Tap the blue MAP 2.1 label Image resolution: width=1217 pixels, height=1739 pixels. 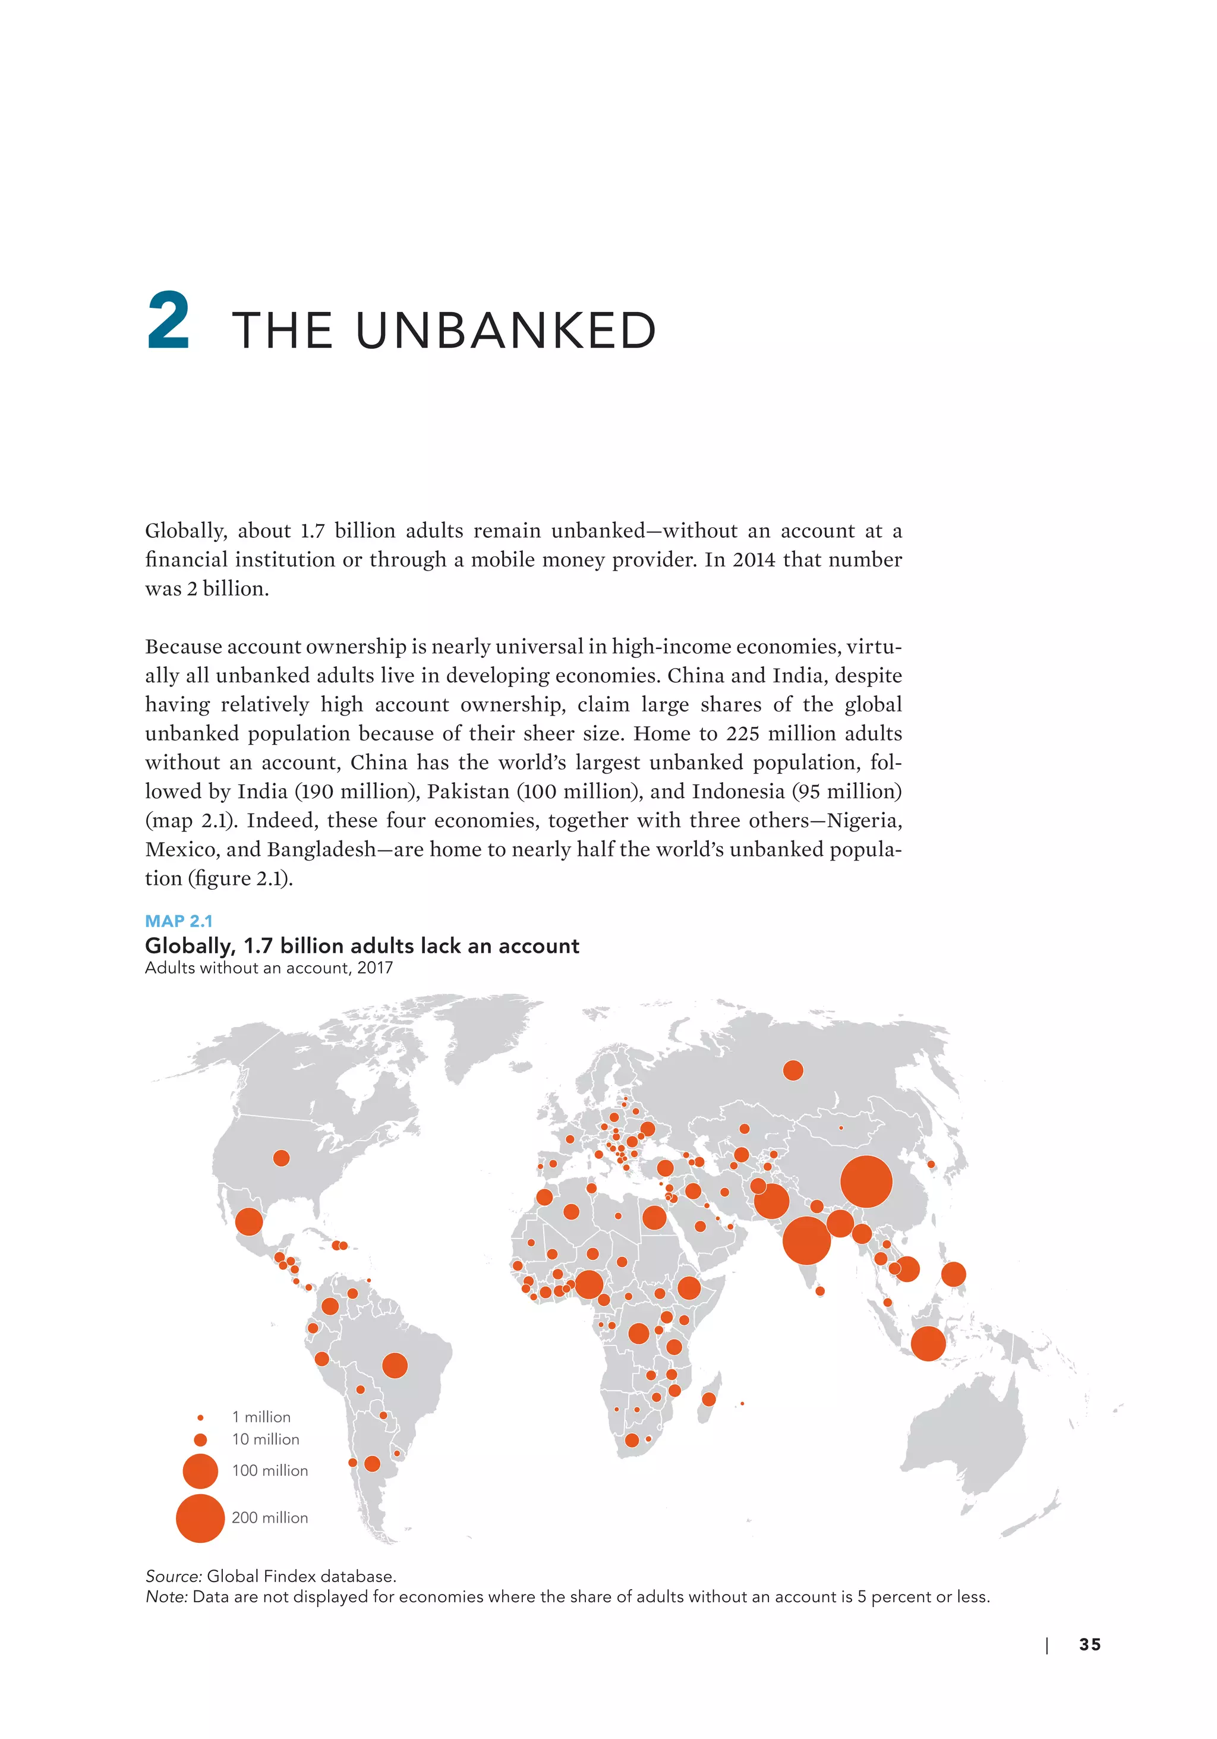pyautogui.click(x=179, y=921)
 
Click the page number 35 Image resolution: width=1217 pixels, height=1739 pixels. pyautogui.click(x=1090, y=1645)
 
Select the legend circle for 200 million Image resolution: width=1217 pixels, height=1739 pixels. pyautogui.click(x=200, y=1518)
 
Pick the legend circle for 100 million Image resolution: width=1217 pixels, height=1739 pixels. pyautogui.click(x=200, y=1471)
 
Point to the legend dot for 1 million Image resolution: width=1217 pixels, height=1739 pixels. pyautogui.click(x=200, y=1417)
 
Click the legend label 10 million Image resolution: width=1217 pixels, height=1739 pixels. pyautogui.click(x=265, y=1439)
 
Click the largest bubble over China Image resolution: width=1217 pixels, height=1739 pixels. pyautogui.click(x=866, y=1182)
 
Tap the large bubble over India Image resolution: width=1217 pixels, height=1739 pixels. pyautogui.click(x=806, y=1240)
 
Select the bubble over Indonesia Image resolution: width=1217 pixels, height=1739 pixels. pyautogui.click(x=928, y=1344)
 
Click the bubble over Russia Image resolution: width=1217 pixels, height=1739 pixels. pyautogui.click(x=793, y=1070)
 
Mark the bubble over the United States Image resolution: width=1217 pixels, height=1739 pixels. pyautogui.click(x=281, y=1158)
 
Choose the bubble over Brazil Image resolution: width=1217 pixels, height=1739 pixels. pyautogui.click(x=395, y=1366)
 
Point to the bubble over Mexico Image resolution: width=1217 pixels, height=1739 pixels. pyautogui.click(x=248, y=1222)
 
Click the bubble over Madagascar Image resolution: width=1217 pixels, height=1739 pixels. pyautogui.click(x=709, y=1399)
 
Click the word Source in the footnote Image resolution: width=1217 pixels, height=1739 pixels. pyautogui.click(x=174, y=1576)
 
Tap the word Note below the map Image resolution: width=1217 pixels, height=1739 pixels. pyautogui.click(x=166, y=1596)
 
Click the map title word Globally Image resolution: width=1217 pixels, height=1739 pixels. pyautogui.click(x=190, y=946)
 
